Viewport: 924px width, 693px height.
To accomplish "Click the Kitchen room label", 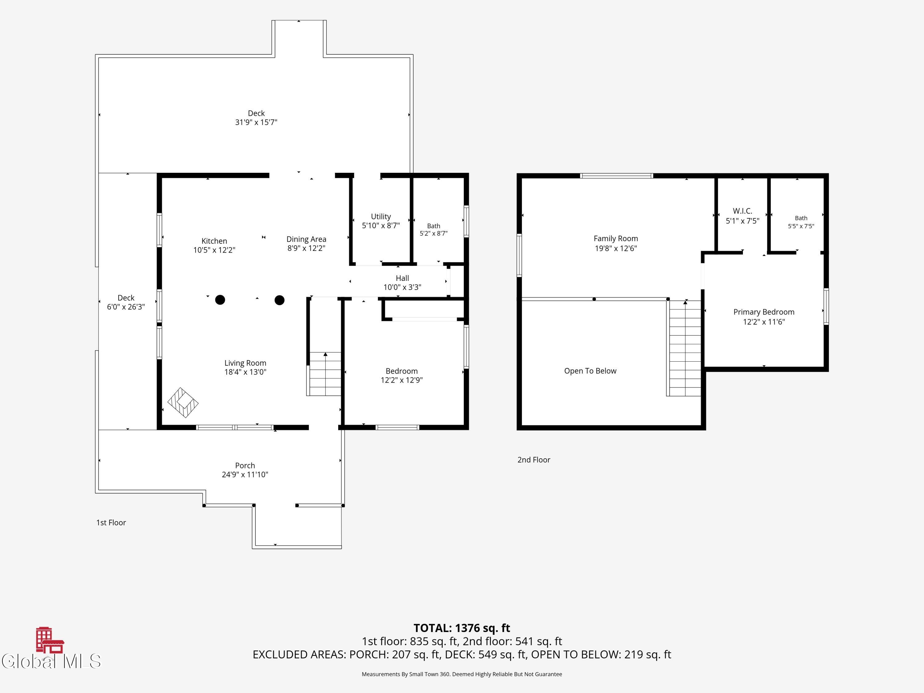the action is pos(214,241).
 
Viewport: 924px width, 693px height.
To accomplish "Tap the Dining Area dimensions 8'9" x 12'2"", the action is pos(306,248).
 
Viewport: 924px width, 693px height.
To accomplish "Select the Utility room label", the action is pos(381,217).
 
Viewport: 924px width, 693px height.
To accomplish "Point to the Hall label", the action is pos(402,278).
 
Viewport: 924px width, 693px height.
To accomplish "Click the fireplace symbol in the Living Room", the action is pos(183,403).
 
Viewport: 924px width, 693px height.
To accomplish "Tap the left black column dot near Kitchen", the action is pos(220,299).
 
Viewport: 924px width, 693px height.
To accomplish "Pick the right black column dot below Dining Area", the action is pos(279,300).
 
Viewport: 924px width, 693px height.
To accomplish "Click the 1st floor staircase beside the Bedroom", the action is pos(325,374).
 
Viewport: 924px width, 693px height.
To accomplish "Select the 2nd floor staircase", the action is pos(684,348).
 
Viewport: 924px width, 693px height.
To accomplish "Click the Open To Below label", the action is pos(590,371).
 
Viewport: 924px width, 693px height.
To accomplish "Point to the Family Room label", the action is pos(616,238).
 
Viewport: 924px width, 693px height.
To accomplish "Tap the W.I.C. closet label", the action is pos(742,211).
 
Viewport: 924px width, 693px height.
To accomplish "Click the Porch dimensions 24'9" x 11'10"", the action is pos(245,475).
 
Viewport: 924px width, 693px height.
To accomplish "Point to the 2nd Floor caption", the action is pos(534,460).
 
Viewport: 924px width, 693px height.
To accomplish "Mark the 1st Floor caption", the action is pos(111,523).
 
